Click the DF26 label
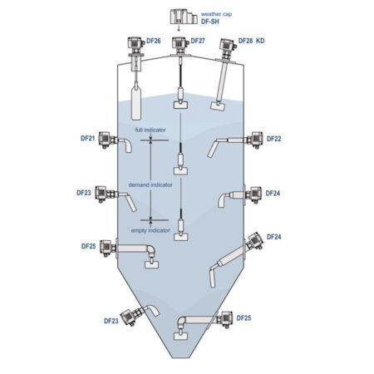pyautogui.click(x=154, y=41)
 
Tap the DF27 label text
pyautogui.click(x=198, y=41)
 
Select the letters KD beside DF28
pyautogui.click(x=260, y=41)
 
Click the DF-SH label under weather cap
pyautogui.click(x=210, y=22)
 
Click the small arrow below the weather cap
pyautogui.click(x=179, y=28)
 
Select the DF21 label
pyautogui.click(x=88, y=138)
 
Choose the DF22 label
pyautogui.click(x=273, y=139)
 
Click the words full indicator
pyautogui.click(x=150, y=130)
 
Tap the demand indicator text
pyautogui.click(x=150, y=185)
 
